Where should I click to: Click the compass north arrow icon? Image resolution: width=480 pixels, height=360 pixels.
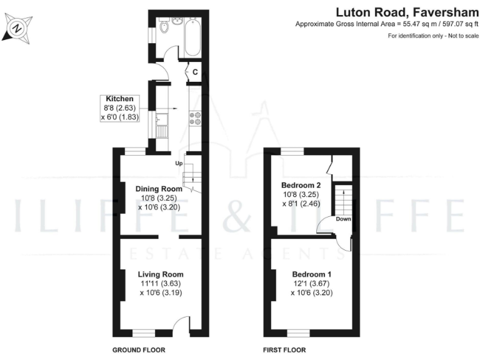tap(17, 27)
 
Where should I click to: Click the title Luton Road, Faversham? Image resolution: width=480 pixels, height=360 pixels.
tap(408, 11)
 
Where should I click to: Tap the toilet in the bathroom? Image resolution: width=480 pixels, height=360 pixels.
tap(165, 26)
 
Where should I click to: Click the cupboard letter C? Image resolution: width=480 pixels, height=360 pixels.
tap(195, 72)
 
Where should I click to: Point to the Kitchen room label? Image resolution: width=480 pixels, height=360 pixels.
tap(119, 99)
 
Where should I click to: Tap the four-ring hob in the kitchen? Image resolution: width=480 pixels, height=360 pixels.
tap(194, 117)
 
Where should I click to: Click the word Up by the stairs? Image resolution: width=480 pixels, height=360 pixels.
tap(178, 164)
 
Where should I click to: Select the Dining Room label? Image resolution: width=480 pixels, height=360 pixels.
tap(159, 189)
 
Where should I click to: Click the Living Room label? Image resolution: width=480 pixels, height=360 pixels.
tap(161, 274)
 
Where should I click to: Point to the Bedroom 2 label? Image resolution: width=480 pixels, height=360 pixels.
tap(301, 185)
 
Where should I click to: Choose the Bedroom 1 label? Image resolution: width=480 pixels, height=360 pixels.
tap(311, 274)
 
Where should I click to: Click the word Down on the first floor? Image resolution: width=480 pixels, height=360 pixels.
tap(343, 219)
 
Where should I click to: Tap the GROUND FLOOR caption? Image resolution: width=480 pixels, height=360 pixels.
tap(138, 350)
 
